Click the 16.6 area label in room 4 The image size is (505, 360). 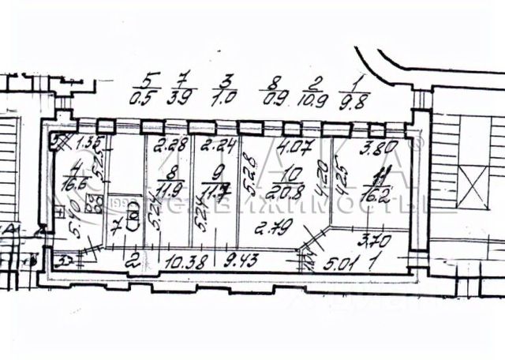tap(76, 186)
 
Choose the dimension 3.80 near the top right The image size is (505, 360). tap(377, 146)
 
